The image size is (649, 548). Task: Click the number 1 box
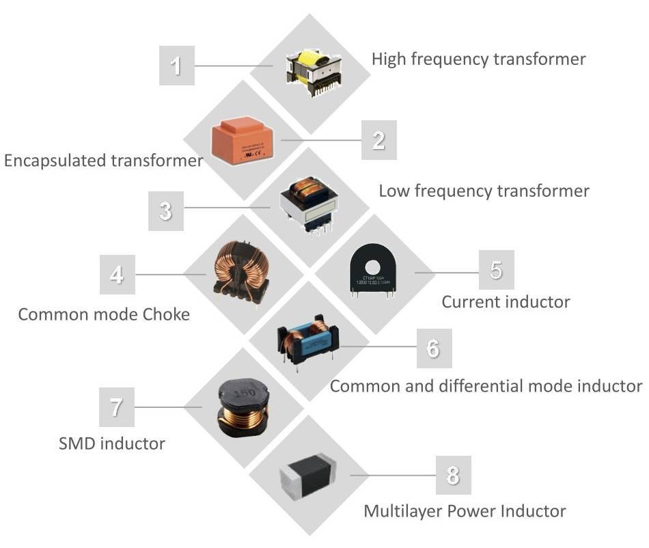click(176, 66)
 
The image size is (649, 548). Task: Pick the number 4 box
click(117, 274)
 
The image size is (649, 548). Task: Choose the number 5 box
click(496, 270)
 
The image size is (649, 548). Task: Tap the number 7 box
click(116, 407)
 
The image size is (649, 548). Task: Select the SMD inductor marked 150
click(241, 409)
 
